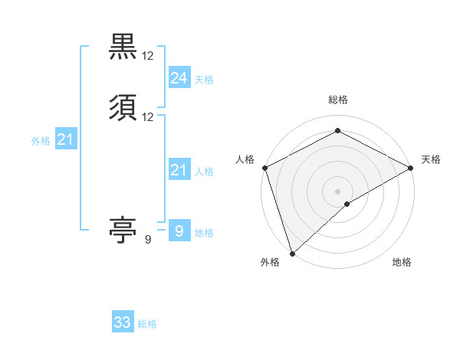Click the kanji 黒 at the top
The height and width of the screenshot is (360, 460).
123,46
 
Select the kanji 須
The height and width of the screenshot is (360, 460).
123,107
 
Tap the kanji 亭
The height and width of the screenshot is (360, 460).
123,229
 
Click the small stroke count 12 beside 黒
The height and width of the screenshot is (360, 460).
148,56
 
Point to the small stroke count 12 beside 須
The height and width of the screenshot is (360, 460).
148,117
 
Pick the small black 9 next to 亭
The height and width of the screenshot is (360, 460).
147,240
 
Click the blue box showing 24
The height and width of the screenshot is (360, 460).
179,77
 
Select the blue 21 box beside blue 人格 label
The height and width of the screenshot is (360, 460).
179,170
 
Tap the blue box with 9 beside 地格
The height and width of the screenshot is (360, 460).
179,231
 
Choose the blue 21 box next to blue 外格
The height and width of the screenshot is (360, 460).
65,139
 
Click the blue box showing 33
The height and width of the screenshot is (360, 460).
123,322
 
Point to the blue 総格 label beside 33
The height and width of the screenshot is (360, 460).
147,324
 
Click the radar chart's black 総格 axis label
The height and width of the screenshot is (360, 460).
337,100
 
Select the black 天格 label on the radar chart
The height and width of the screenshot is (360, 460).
431,159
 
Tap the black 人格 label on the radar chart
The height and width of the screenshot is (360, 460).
245,159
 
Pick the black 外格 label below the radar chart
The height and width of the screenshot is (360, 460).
270,263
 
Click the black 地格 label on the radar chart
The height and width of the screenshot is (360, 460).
402,263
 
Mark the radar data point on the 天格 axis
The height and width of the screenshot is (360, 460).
411,168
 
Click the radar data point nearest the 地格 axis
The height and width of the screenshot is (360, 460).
347,204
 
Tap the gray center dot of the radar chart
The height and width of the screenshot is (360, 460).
337,191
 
